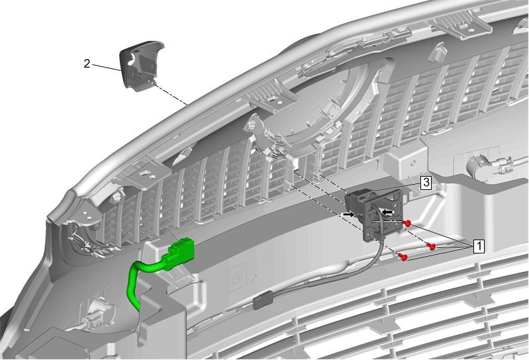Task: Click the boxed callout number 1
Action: (x=479, y=246)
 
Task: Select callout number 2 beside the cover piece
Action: (x=87, y=64)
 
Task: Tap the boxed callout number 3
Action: (x=426, y=183)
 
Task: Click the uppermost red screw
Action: (x=408, y=223)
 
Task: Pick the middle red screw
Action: (x=431, y=246)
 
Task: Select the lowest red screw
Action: (x=403, y=257)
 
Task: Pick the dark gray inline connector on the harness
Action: (x=263, y=300)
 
